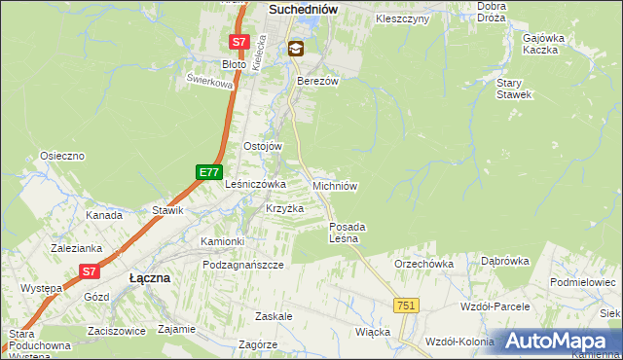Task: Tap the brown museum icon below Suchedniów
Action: pyautogui.click(x=296, y=48)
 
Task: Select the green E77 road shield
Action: pyautogui.click(x=208, y=172)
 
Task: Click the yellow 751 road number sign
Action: pyautogui.click(x=407, y=306)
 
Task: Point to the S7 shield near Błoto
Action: pyautogui.click(x=239, y=43)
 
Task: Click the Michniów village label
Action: pyautogui.click(x=337, y=185)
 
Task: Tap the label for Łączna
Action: pyautogui.click(x=150, y=277)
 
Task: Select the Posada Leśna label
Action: pyautogui.click(x=347, y=232)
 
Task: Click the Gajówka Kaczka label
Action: pyautogui.click(x=545, y=43)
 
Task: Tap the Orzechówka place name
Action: pyautogui.click(x=423, y=263)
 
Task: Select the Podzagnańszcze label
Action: pyautogui.click(x=242, y=265)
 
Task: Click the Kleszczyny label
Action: pyautogui.click(x=401, y=18)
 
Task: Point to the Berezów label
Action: pyautogui.click(x=317, y=82)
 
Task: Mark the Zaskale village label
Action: pyautogui.click(x=274, y=317)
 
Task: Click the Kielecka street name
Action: pyautogui.click(x=259, y=44)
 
